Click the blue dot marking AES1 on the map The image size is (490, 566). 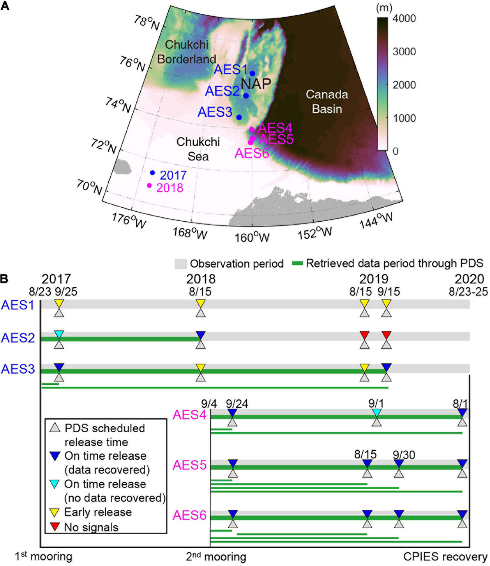252,73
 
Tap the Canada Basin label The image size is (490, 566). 327,102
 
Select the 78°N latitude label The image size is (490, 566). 146,23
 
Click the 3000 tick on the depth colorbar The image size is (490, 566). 404,52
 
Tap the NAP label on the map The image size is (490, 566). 256,84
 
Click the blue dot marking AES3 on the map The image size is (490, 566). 239,117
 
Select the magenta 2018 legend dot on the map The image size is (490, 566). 149,185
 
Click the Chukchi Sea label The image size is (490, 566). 198,149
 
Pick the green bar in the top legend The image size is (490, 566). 297,263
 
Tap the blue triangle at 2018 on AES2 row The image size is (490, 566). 201,335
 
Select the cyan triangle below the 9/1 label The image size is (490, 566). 376,412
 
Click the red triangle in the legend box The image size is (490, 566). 55,526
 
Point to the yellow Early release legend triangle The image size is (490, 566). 55,512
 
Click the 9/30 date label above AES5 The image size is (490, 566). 404,455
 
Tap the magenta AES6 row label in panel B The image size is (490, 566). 189,515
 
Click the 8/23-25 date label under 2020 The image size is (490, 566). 468,292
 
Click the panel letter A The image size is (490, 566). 5,6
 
